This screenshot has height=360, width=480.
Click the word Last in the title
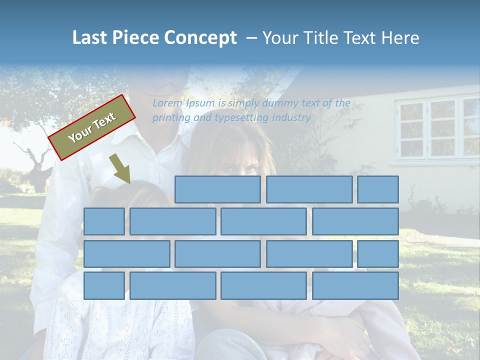(x=90, y=37)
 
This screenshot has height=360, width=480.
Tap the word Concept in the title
(x=201, y=37)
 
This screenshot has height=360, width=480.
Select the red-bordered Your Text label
(x=91, y=127)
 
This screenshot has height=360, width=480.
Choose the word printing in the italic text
(x=169, y=118)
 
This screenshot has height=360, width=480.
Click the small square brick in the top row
(x=378, y=189)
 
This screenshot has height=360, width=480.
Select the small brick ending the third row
(x=378, y=254)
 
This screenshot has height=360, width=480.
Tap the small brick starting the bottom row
(x=104, y=286)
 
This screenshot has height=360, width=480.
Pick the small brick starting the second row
(x=104, y=221)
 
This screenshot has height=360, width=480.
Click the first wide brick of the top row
(x=217, y=189)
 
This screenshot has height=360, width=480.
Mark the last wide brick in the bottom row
(x=355, y=286)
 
